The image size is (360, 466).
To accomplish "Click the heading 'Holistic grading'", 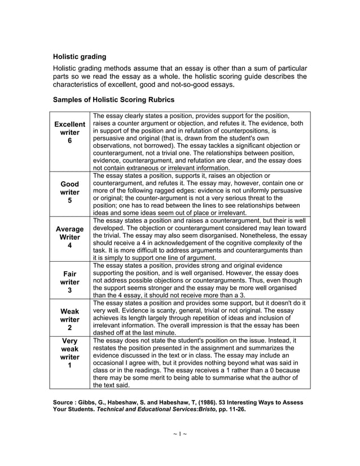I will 79,57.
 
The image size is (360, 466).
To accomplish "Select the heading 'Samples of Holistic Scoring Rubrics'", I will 113,99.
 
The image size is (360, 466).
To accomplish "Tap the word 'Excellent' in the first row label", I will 69,124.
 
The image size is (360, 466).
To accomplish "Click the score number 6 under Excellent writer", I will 69,141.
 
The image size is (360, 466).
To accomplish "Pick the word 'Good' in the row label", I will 69,184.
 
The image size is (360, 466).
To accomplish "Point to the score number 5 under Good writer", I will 69,200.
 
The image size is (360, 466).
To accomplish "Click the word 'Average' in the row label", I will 69,230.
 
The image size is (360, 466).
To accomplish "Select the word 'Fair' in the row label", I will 69,274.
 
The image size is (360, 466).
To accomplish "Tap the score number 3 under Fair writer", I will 69,291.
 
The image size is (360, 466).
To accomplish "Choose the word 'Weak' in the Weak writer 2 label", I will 69,311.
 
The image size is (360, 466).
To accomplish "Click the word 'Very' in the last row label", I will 69,341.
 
